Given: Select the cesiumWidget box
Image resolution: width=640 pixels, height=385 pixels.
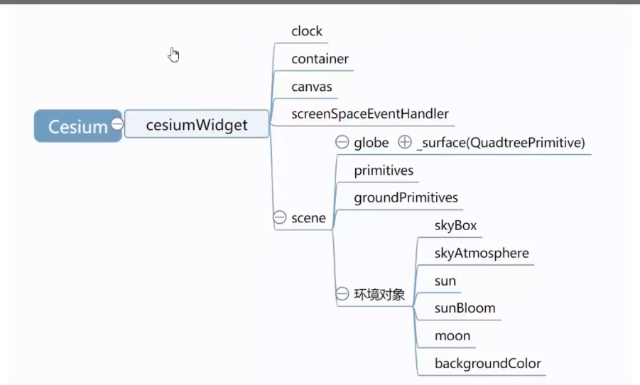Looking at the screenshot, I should (197, 125).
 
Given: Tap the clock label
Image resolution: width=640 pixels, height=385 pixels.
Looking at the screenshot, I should (307, 31).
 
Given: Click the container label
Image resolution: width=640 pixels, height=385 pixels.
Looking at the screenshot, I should (320, 59).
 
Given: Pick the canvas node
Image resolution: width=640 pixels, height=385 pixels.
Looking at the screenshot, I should (311, 87).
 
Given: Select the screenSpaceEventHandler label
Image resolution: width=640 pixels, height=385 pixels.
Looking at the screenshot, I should (369, 114).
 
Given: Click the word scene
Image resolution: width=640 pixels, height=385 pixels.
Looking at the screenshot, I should (308, 218).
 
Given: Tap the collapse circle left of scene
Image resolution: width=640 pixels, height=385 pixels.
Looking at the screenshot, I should (280, 218).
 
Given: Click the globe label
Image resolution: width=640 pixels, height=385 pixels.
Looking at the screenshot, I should (371, 143).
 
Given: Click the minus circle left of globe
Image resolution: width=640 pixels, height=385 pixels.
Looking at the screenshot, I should (342, 143).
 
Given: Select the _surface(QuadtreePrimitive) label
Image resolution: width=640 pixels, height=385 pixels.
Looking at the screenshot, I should (500, 143).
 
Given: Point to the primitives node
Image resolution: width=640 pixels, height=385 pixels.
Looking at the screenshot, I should (384, 170).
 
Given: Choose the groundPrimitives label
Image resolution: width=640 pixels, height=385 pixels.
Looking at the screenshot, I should (406, 197).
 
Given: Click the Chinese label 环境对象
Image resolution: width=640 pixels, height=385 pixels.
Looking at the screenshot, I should (379, 294).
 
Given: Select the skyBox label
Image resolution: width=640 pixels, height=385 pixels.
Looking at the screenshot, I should (455, 226).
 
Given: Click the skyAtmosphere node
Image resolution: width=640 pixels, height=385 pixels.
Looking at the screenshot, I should (482, 253).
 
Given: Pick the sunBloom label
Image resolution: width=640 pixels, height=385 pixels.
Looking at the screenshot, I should (465, 308).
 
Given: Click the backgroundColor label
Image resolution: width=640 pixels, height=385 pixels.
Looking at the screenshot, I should (487, 364).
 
